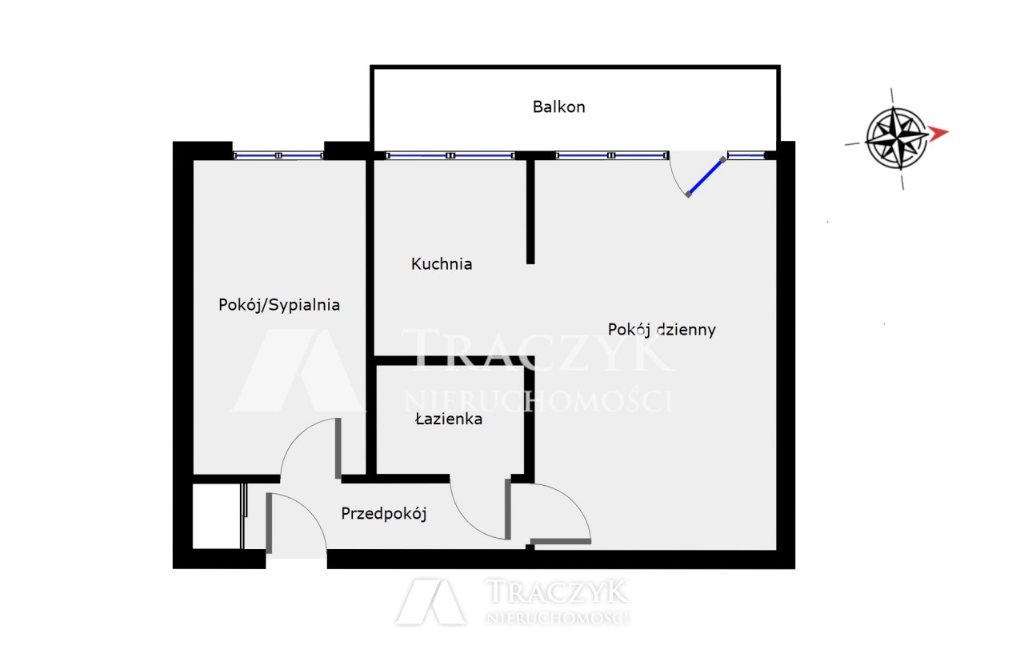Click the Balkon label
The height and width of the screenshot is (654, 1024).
click(558, 107)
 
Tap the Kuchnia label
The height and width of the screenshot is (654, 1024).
click(442, 264)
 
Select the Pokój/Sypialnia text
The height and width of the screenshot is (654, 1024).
click(279, 305)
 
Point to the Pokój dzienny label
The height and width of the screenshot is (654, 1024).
click(662, 330)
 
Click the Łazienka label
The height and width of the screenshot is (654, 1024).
click(449, 419)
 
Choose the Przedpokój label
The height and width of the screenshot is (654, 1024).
click(384, 514)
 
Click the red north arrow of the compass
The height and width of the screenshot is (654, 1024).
click(938, 133)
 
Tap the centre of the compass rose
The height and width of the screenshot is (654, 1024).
click(897, 138)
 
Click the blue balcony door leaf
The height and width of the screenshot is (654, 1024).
click(706, 177)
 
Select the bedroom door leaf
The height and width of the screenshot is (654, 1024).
click(338, 448)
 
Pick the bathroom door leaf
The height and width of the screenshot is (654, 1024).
click(508, 509)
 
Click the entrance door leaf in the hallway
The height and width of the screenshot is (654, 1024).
click(270, 523)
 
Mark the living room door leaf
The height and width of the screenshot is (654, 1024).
click(561, 541)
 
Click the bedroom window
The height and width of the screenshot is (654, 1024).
click(278, 155)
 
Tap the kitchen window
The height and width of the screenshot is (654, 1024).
click(450, 155)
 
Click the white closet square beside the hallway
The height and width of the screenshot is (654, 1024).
click(217, 516)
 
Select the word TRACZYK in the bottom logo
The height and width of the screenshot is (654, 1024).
click(556, 592)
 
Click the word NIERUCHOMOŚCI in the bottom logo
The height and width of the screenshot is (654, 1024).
click(558, 618)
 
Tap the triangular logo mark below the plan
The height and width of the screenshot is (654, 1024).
click(430, 601)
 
